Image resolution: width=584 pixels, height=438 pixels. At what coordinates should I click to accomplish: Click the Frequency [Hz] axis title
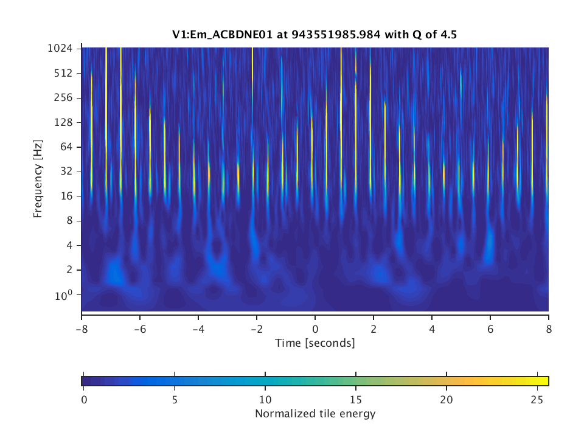[38, 179]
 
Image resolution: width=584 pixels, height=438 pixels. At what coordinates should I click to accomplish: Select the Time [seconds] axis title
[315, 343]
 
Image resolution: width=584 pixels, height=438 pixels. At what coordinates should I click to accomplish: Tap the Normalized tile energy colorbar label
[315, 414]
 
